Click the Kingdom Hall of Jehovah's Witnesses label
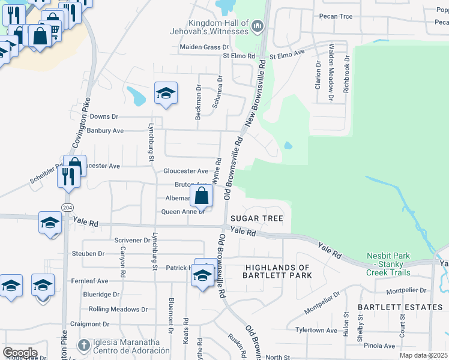209,26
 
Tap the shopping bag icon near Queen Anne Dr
202,196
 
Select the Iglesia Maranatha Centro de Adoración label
126,346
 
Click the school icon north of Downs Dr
166,94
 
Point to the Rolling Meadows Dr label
118,310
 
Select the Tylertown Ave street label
316,331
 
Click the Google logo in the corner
20,353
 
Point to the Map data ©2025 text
423,355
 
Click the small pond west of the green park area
288,145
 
